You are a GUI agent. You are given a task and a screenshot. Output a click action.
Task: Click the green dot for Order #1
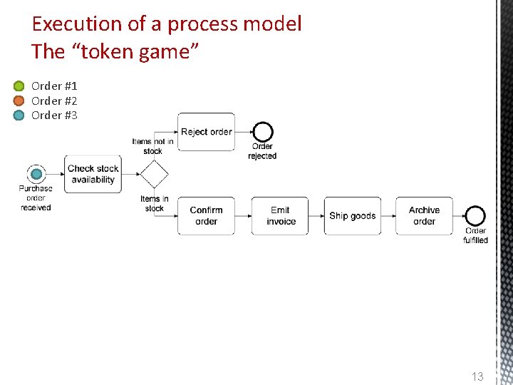pyautogui.click(x=19, y=86)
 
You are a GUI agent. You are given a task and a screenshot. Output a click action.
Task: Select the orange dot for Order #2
pyautogui.click(x=19, y=101)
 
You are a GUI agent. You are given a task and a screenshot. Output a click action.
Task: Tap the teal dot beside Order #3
pyautogui.click(x=19, y=115)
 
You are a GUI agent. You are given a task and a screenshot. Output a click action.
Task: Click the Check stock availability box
pyautogui.click(x=93, y=174)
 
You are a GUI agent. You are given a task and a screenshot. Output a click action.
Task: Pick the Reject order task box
pyautogui.click(x=206, y=132)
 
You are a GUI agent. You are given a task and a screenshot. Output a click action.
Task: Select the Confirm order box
pyautogui.click(x=206, y=216)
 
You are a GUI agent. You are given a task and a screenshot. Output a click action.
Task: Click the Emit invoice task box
pyautogui.click(x=281, y=216)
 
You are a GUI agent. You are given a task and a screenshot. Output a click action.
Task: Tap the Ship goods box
pyautogui.click(x=353, y=216)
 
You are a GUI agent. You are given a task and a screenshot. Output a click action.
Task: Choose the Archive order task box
pyautogui.click(x=424, y=216)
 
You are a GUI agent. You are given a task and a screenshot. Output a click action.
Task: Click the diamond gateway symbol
pyautogui.click(x=154, y=174)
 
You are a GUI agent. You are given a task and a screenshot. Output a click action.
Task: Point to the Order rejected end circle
pyautogui.click(x=263, y=132)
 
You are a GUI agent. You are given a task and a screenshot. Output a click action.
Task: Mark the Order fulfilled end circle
pyautogui.click(x=475, y=216)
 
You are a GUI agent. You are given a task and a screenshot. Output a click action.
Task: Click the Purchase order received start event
pyautogui.click(x=36, y=174)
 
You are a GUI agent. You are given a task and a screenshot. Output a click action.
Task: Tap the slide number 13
pyautogui.click(x=477, y=376)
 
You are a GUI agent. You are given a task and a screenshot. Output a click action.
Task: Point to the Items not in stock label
pyautogui.click(x=152, y=146)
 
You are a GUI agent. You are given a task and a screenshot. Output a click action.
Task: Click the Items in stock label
pyautogui.click(x=155, y=204)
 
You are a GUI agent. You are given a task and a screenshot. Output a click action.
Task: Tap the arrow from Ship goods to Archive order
pyautogui.click(x=388, y=216)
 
